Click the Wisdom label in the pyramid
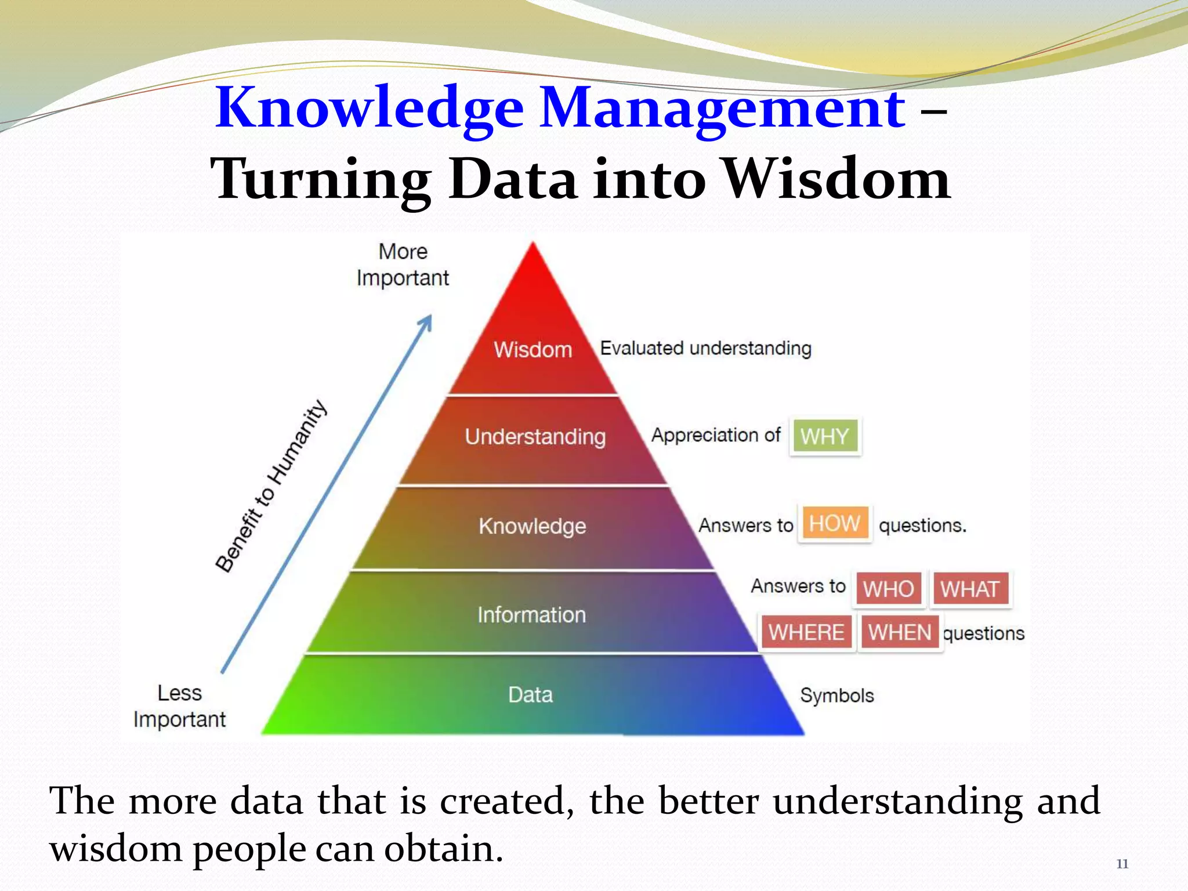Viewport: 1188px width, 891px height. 533,350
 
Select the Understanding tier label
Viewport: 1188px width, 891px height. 535,437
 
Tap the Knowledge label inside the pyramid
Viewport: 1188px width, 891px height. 532,526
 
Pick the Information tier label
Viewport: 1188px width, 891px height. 531,615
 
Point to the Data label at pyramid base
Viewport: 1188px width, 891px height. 530,694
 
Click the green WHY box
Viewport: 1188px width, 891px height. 824,436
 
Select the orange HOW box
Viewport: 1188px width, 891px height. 834,524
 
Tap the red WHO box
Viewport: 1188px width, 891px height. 888,589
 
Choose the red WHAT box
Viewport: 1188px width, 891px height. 970,589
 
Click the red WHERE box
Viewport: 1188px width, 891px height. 806,632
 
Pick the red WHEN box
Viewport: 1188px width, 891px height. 899,632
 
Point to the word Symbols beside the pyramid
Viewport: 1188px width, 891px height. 836,695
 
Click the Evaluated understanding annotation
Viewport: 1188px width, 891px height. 705,349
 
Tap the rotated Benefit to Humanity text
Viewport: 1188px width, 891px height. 271,486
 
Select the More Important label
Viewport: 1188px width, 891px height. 403,265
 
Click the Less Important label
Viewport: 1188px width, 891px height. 179,706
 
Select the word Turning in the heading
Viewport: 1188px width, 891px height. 321,180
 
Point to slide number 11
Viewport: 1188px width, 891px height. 1122,864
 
